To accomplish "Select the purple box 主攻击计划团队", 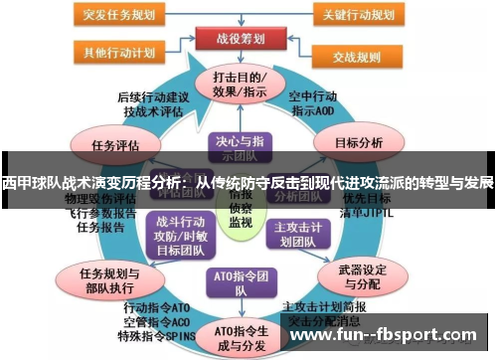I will pyautogui.click(x=297, y=233).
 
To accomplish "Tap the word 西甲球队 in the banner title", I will pyautogui.click(x=29, y=183).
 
